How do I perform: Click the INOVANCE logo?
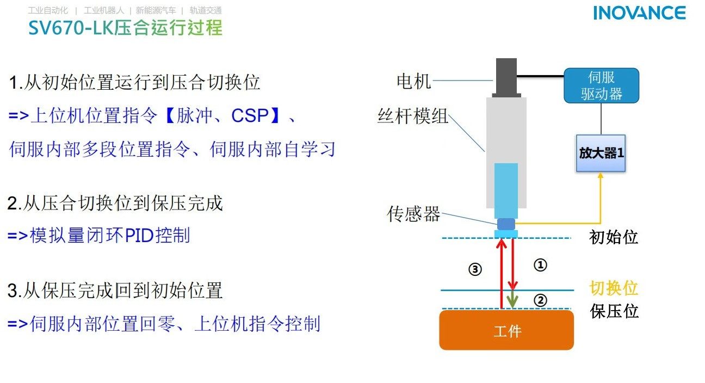639,13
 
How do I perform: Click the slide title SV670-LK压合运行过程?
126,27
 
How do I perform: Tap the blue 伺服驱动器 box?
601,86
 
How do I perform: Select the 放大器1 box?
601,153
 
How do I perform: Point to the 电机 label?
413,82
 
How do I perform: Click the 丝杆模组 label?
413,116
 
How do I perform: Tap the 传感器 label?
413,214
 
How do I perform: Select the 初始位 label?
614,237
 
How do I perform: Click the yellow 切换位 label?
614,288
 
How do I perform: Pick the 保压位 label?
614,311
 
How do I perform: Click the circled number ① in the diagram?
540,265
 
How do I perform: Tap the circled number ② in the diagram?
540,300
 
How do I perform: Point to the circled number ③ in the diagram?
475,269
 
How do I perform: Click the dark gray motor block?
506,76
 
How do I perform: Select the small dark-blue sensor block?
506,224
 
